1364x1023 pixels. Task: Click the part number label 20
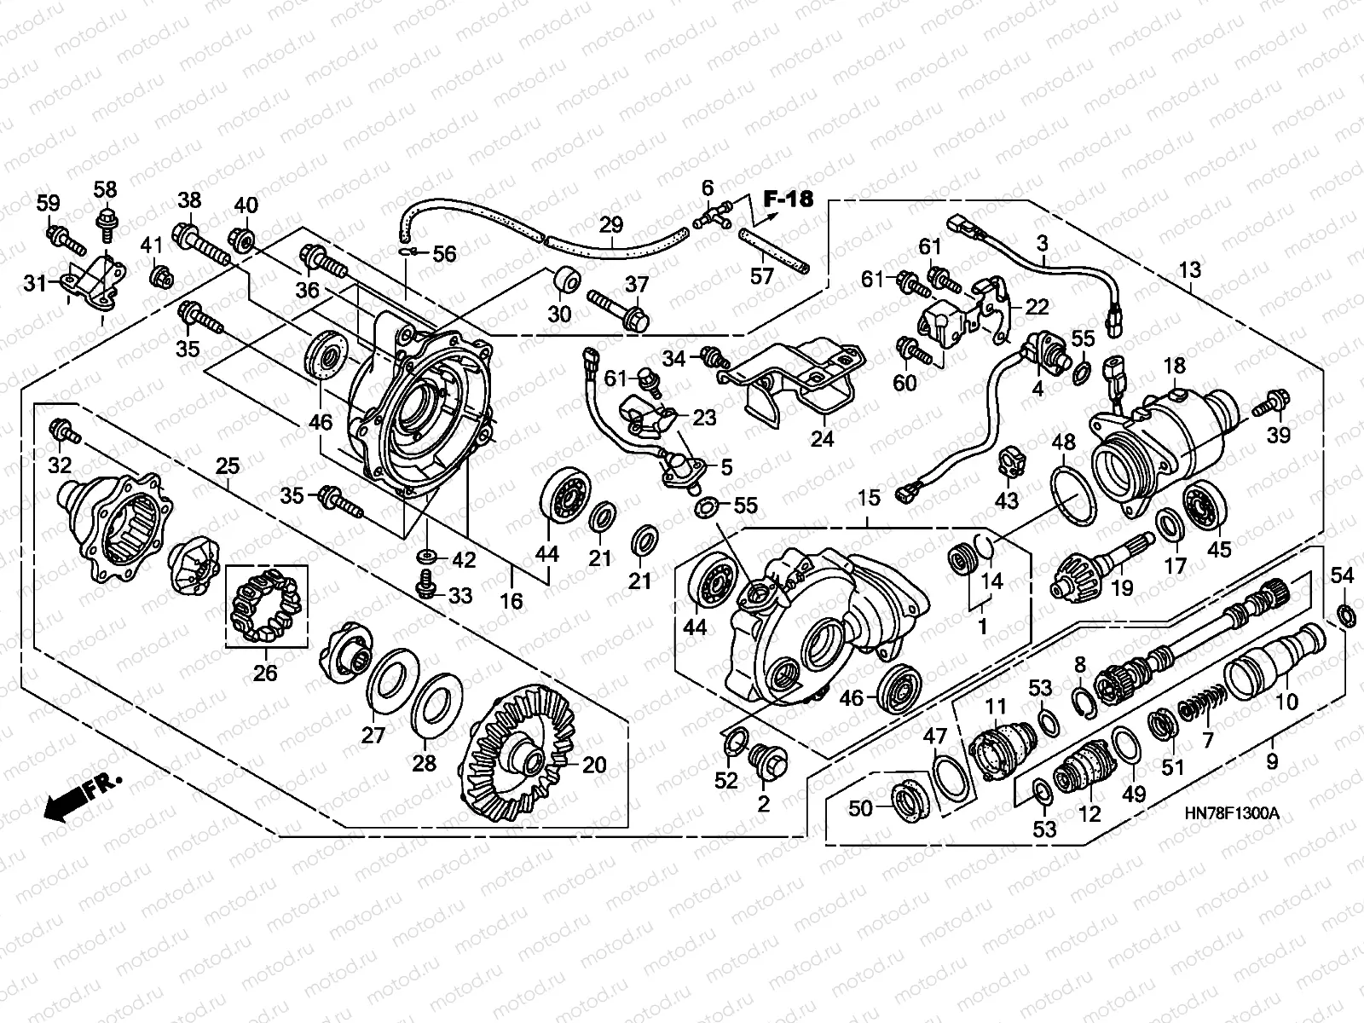click(594, 765)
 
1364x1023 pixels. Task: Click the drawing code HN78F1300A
click(1232, 812)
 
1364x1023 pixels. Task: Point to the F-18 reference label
click(788, 199)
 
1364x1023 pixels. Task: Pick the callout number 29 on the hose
click(611, 225)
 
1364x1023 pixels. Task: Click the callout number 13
click(1189, 270)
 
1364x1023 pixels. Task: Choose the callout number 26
click(265, 673)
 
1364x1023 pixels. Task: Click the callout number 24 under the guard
click(822, 439)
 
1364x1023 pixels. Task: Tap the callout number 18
click(1175, 367)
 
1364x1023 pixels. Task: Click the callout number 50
click(861, 806)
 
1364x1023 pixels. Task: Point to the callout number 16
click(511, 601)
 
